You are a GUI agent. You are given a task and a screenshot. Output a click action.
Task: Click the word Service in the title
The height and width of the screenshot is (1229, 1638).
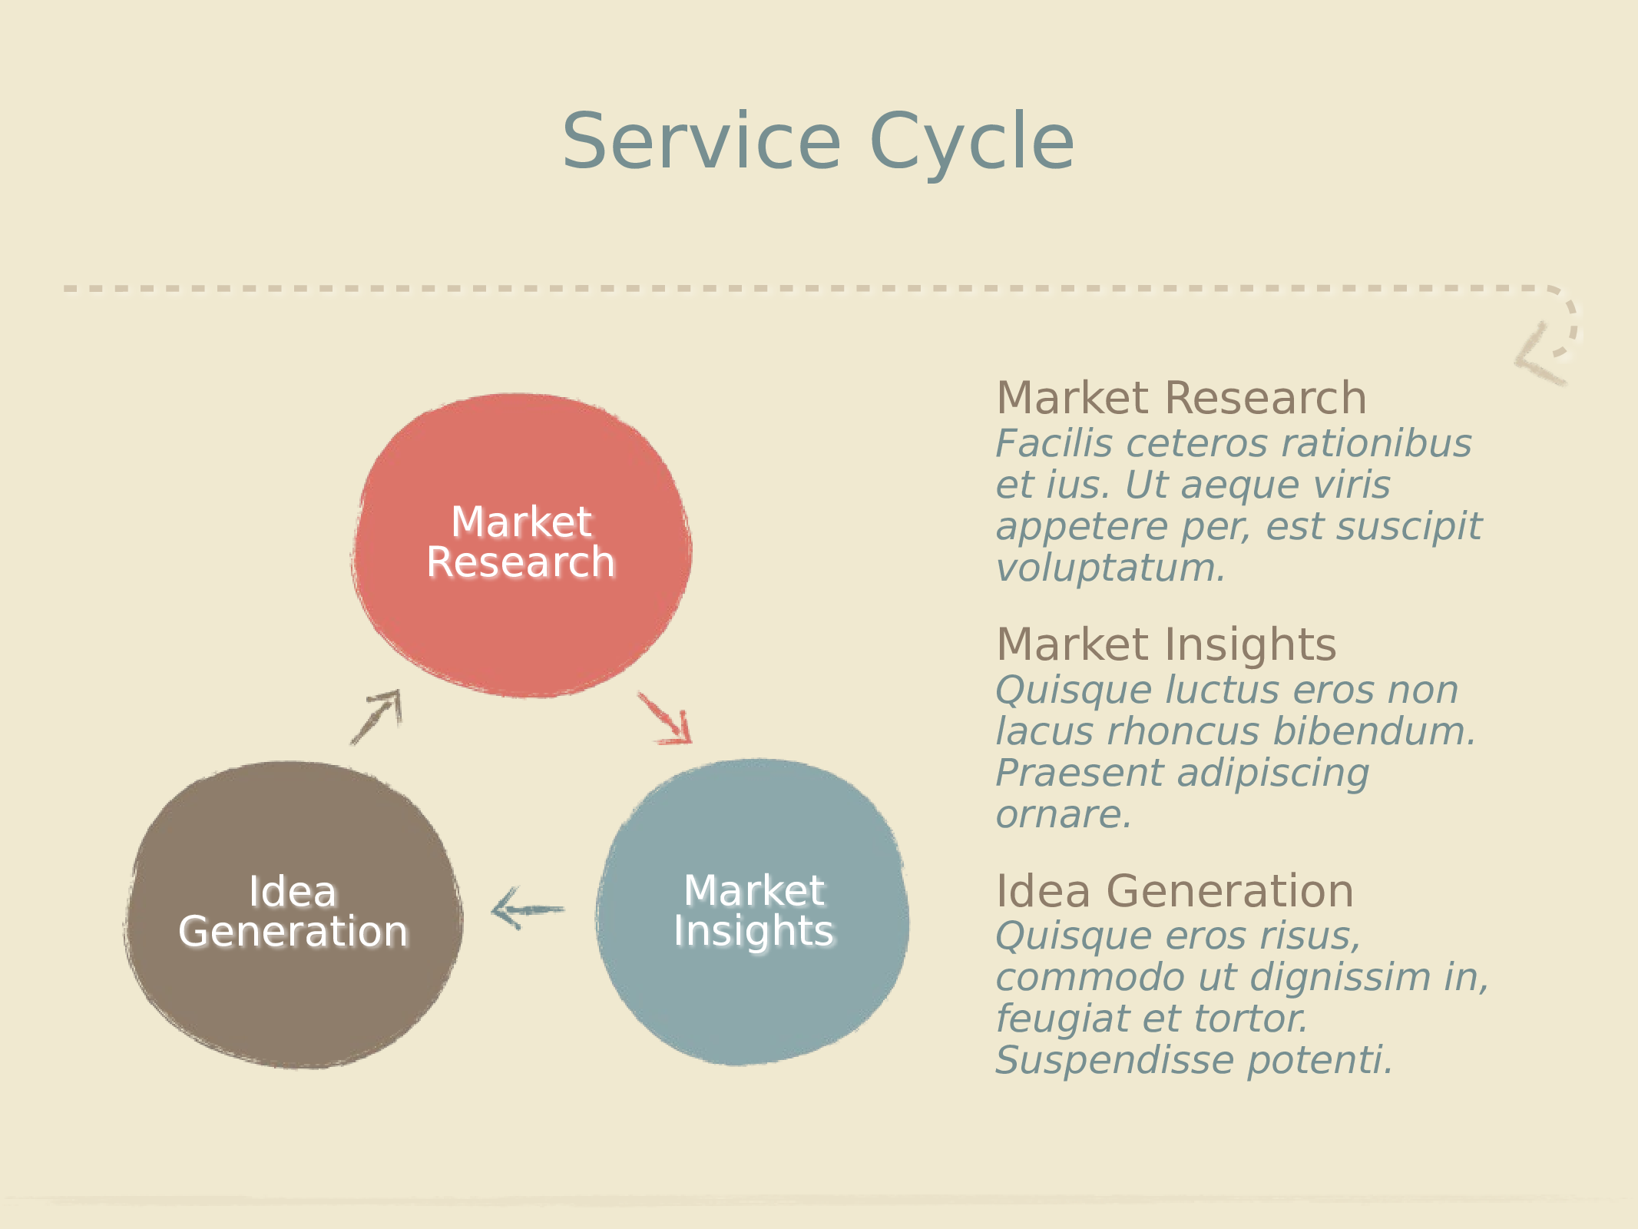pos(701,141)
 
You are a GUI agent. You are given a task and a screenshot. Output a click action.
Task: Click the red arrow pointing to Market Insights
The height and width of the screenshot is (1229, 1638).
pos(666,719)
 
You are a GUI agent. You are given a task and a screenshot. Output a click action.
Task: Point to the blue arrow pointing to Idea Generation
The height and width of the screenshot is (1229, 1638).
pos(528,910)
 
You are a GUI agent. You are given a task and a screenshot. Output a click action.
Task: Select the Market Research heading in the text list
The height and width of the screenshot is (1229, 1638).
pos(1181,398)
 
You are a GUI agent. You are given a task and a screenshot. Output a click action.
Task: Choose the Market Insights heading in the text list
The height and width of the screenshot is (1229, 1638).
pos(1166,644)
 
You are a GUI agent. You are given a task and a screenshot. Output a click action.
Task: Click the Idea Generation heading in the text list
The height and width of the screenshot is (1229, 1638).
pos(1174,891)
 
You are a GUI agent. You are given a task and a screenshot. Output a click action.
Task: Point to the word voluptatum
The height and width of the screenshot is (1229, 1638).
pos(1110,568)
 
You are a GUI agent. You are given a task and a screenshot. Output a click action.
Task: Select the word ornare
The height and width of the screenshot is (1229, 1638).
pos(1064,814)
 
